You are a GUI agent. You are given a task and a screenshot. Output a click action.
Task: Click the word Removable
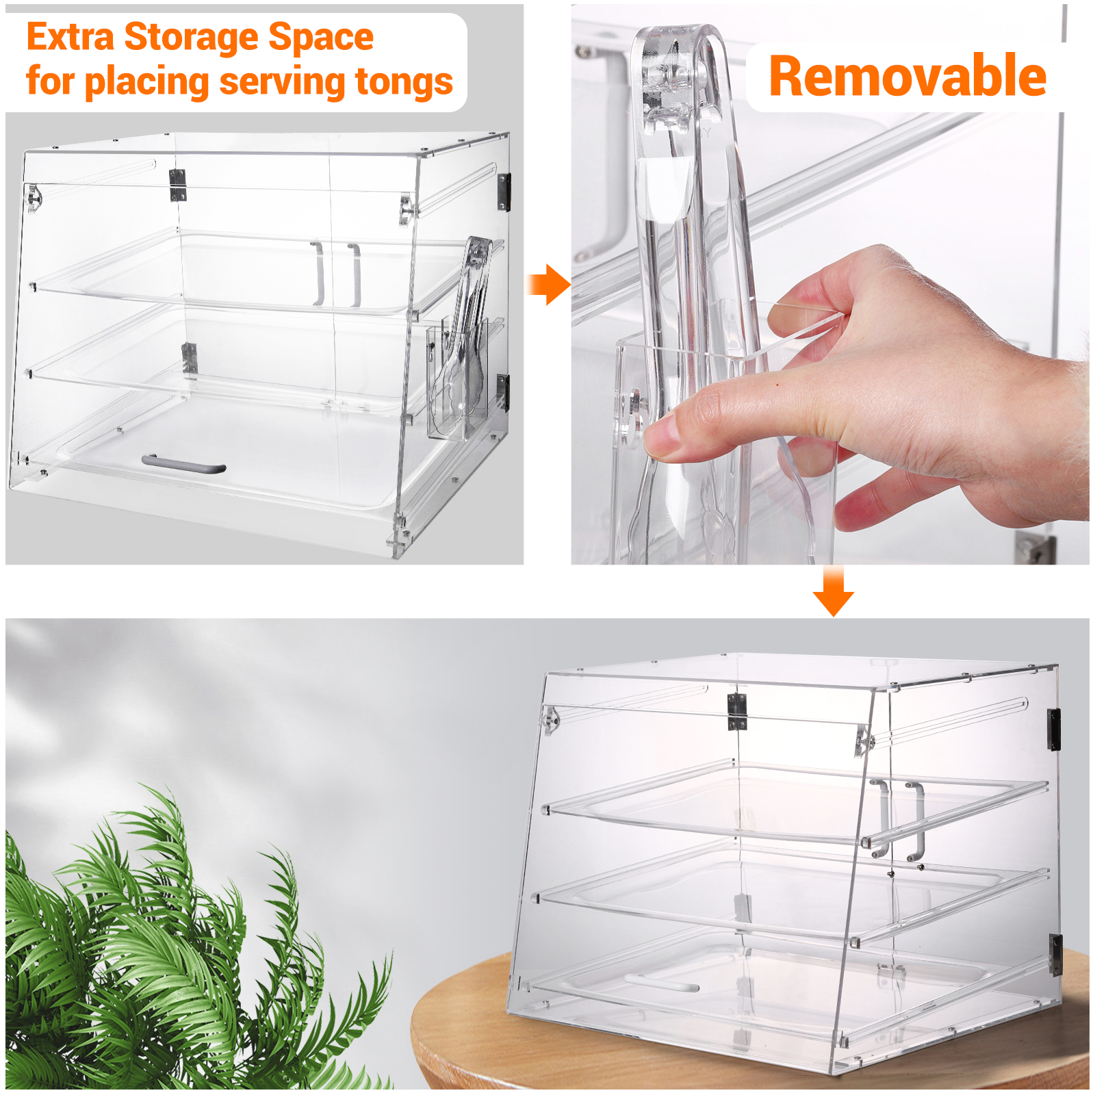click(x=907, y=76)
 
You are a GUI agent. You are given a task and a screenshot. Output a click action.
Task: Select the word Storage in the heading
click(x=190, y=38)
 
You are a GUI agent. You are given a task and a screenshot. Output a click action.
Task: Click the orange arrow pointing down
click(x=833, y=591)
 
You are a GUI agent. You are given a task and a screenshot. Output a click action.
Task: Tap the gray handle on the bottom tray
click(x=183, y=465)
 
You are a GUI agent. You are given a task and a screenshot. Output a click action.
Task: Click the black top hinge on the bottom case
click(x=1054, y=729)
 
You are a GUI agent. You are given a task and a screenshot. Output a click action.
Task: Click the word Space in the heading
click(x=321, y=38)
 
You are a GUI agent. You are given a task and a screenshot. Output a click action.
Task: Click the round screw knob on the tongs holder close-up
click(x=634, y=411)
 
